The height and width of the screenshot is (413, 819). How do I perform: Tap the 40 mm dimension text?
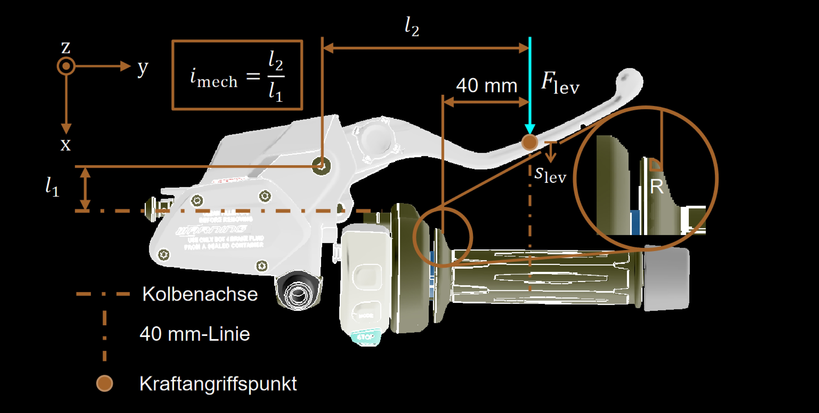point(486,86)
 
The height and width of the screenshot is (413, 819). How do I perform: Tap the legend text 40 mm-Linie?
point(195,334)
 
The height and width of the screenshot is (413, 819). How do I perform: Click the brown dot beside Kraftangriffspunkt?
point(105,383)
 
